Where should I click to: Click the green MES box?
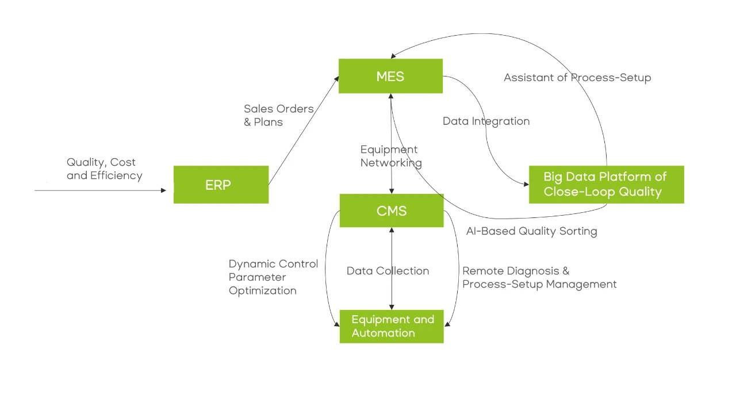click(x=390, y=75)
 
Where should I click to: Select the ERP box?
click(x=221, y=185)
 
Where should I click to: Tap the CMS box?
click(x=392, y=211)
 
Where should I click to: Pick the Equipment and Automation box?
click(x=392, y=326)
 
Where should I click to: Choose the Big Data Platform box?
click(x=606, y=184)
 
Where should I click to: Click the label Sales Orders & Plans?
click(x=279, y=115)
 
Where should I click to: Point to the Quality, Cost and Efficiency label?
click(x=104, y=169)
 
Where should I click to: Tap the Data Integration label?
click(x=486, y=121)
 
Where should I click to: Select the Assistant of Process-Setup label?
click(x=577, y=78)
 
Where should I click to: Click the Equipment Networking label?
click(x=391, y=156)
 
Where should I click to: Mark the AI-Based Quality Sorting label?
click(x=531, y=231)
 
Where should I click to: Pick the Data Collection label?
click(x=388, y=271)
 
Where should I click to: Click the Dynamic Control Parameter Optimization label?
click(x=273, y=277)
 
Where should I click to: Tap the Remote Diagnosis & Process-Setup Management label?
click(x=539, y=277)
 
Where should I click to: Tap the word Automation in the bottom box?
click(x=383, y=333)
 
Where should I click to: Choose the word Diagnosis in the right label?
click(x=532, y=271)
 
